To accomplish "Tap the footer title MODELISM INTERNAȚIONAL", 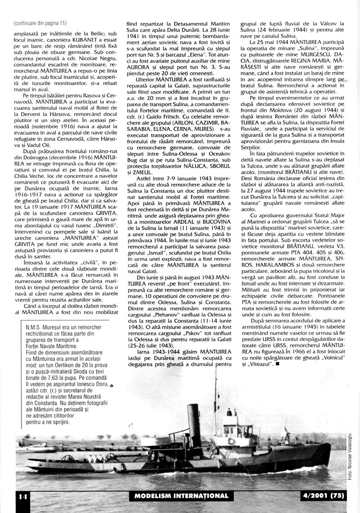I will [181, 496].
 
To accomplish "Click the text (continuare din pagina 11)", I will [40, 23].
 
